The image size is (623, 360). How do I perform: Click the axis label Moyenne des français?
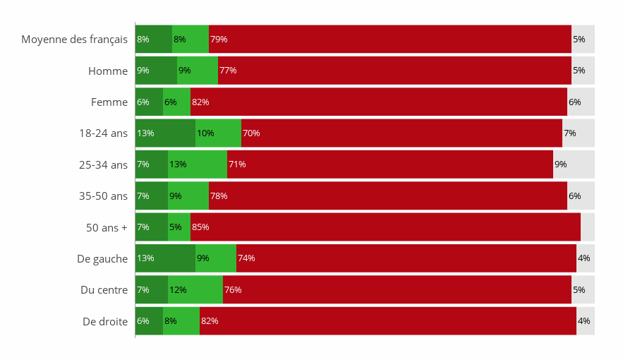74,40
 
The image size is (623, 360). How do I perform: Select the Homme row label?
108,71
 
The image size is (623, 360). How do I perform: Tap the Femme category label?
109,102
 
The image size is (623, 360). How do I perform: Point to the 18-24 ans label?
103,133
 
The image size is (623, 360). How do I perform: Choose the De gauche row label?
102,258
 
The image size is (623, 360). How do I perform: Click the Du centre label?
104,289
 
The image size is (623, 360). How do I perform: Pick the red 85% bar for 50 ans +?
385,227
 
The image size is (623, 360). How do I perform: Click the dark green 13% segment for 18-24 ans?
165,133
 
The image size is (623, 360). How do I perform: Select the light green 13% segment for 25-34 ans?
198,164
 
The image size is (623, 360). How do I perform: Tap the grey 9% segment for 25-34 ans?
574,164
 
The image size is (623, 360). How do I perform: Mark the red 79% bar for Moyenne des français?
389,40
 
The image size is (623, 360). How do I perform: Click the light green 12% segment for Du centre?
195,289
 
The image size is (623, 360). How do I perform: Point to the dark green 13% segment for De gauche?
165,258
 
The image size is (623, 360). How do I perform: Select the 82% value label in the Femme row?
200,102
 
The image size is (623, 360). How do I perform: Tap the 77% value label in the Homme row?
228,71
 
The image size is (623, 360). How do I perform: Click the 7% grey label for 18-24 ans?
569,133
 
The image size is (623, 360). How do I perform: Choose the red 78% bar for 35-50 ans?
388,196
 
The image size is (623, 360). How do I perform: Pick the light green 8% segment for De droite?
181,321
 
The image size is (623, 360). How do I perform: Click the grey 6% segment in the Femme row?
581,102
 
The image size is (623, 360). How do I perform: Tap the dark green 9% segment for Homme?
156,71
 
